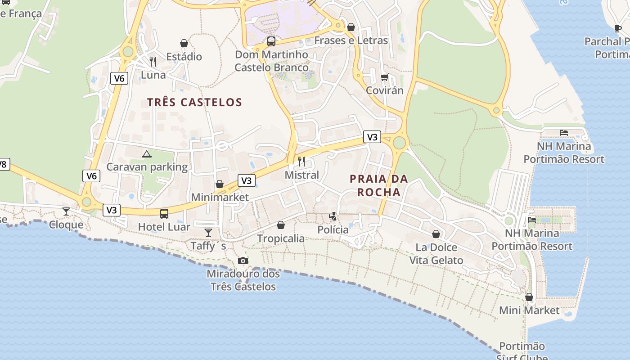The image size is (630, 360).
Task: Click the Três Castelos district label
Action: (194, 102)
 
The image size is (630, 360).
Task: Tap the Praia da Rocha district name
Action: (378, 185)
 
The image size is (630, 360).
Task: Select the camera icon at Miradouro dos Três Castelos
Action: (243, 261)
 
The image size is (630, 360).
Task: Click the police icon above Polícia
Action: (333, 217)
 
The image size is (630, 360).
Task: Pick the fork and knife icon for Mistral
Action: (301, 162)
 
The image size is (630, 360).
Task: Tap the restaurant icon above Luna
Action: (153, 61)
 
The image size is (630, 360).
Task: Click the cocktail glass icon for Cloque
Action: (66, 211)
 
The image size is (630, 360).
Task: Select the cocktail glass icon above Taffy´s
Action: (208, 232)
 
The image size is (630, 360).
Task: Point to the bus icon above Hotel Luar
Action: (164, 213)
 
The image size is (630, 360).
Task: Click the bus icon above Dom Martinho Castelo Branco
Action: (271, 41)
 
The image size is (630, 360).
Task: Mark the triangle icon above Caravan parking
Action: (147, 154)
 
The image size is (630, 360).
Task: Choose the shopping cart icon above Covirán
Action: (384, 77)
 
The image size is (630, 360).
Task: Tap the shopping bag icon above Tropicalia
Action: (281, 225)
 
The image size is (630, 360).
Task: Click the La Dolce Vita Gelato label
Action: (436, 254)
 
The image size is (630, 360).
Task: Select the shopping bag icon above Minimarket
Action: (220, 184)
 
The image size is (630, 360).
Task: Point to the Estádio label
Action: (184, 57)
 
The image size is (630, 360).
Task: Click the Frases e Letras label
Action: (351, 40)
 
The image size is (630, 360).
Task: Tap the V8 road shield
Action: (3, 164)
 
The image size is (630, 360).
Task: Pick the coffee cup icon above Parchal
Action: (618, 29)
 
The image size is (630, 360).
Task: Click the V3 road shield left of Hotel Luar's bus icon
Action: (112, 210)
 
